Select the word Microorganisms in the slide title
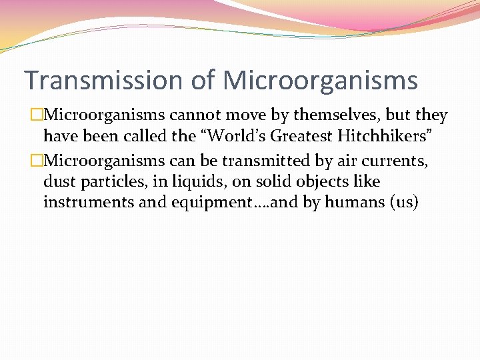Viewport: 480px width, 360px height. click(320, 81)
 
